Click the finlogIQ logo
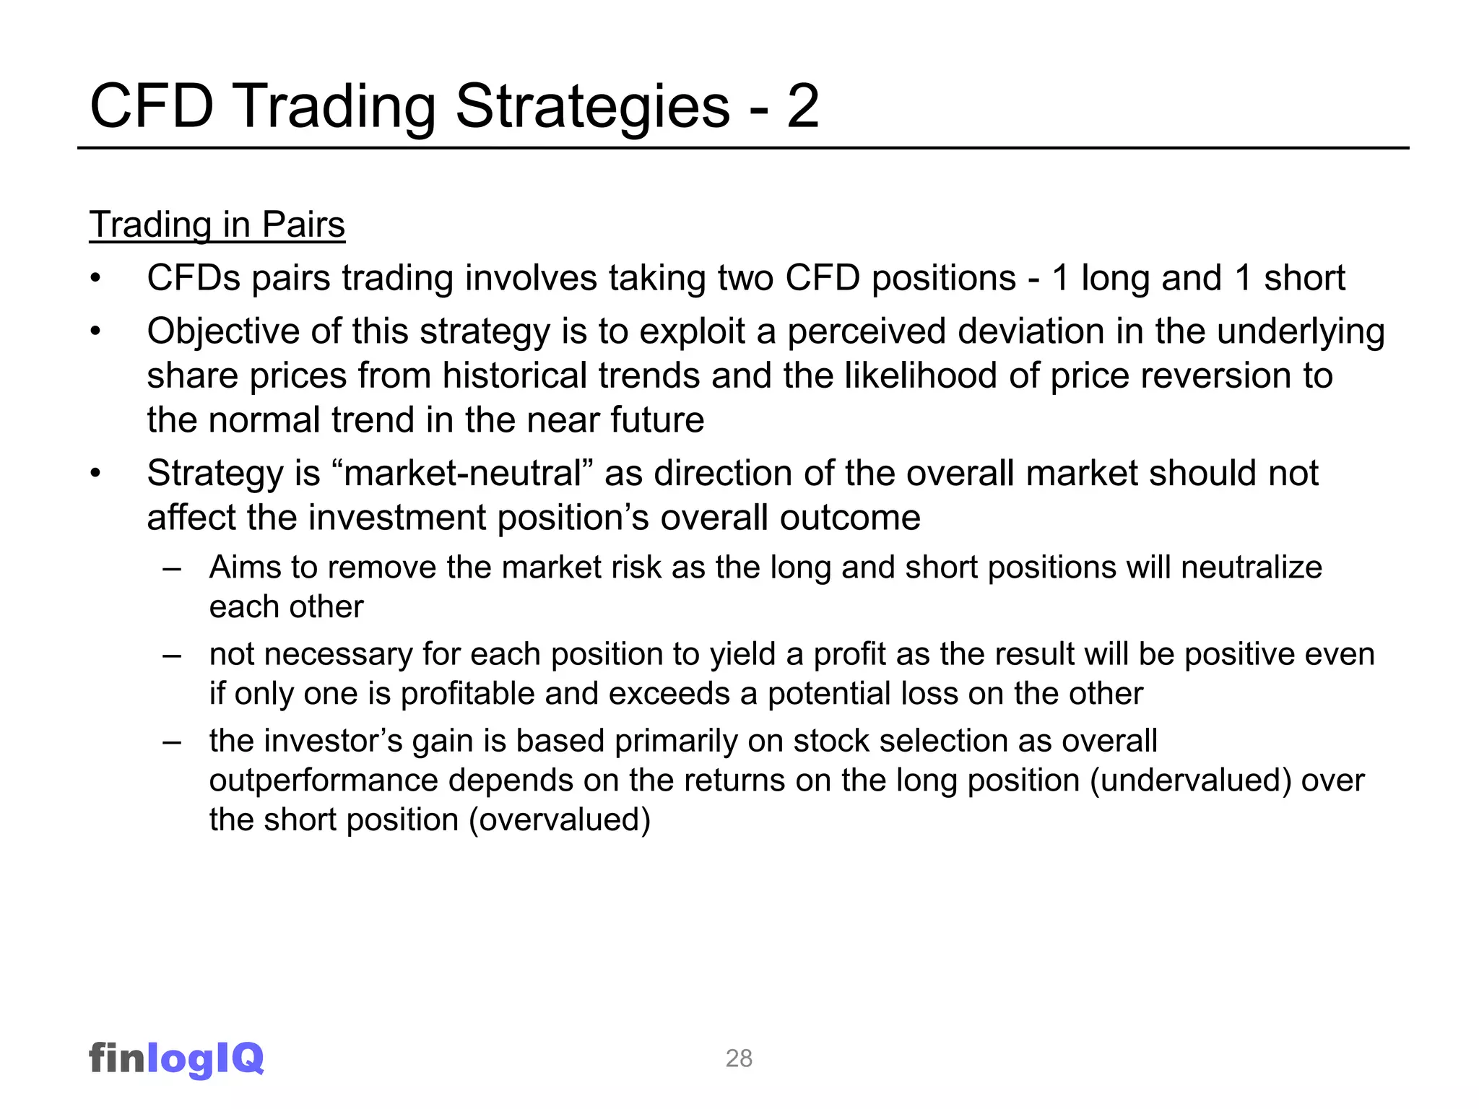click(176, 1058)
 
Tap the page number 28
click(739, 1058)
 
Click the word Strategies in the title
click(593, 106)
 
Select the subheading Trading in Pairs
click(217, 225)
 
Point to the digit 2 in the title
click(802, 106)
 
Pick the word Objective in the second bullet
click(223, 332)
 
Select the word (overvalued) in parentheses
click(560, 820)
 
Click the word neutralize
click(1252, 567)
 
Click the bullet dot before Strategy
click(95, 474)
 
